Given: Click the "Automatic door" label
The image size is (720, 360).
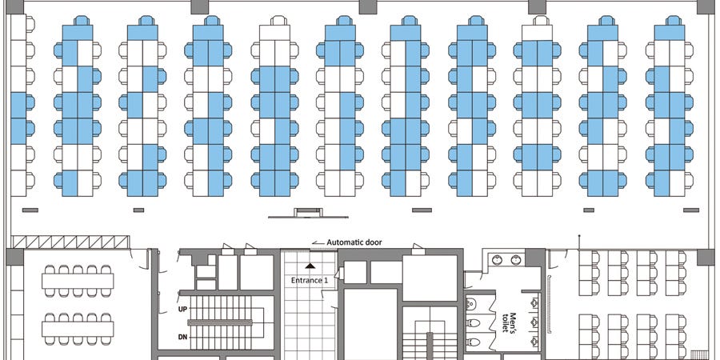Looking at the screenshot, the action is [354, 242].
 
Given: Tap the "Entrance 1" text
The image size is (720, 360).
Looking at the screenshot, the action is [310, 280].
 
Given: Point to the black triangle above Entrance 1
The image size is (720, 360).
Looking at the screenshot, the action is [311, 266].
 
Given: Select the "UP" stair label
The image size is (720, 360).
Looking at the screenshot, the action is [182, 310].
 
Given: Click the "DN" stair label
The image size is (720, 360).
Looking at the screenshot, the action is [182, 338].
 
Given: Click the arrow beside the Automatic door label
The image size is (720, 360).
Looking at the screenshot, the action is [318, 242].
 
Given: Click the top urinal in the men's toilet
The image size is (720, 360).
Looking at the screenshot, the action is [534, 302].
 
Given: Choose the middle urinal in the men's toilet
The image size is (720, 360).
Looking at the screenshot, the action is [534, 322].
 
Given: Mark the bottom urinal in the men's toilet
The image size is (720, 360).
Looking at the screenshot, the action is [534, 341].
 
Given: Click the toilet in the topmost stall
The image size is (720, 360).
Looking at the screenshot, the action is [472, 303].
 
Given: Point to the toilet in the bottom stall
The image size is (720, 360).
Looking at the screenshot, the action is [472, 342].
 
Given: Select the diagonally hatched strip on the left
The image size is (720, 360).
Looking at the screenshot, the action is [70, 242].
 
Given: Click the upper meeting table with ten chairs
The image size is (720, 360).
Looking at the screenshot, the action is [78, 281].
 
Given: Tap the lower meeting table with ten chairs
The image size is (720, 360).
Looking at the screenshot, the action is [78, 329].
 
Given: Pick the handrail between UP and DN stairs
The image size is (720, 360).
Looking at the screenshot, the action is [220, 323].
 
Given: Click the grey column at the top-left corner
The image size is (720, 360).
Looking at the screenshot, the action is [14, 6].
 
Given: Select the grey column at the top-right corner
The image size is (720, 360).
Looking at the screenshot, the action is [706, 6].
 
